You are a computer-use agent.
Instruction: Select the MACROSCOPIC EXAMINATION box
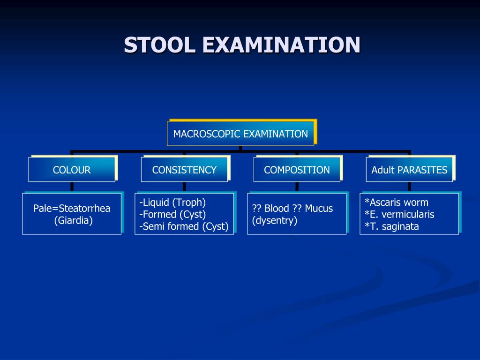pos(240,134)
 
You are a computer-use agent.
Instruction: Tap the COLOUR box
pos(72,170)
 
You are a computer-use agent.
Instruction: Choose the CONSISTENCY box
pos(184,170)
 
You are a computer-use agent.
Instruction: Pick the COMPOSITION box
pos(297,170)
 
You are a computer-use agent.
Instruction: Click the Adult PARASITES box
pos(409,170)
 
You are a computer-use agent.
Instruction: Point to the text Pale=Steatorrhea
pos(72,209)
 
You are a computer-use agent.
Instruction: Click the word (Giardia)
pos(73,220)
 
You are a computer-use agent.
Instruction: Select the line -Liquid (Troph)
pos(172,202)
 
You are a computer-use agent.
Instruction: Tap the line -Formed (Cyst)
pos(172,215)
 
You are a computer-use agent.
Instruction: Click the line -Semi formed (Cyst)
pos(184,227)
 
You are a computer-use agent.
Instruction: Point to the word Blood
pos(277,209)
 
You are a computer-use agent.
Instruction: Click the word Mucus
pos(318,209)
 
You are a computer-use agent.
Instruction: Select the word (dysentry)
pos(275,220)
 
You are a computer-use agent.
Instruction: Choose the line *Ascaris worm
pos(397,202)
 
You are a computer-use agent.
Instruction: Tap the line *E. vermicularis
pos(399,215)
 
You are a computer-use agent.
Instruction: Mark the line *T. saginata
pos(392,227)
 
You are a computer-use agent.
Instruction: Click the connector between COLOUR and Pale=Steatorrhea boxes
pos(72,187)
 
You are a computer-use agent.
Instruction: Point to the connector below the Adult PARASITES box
pos(409,187)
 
